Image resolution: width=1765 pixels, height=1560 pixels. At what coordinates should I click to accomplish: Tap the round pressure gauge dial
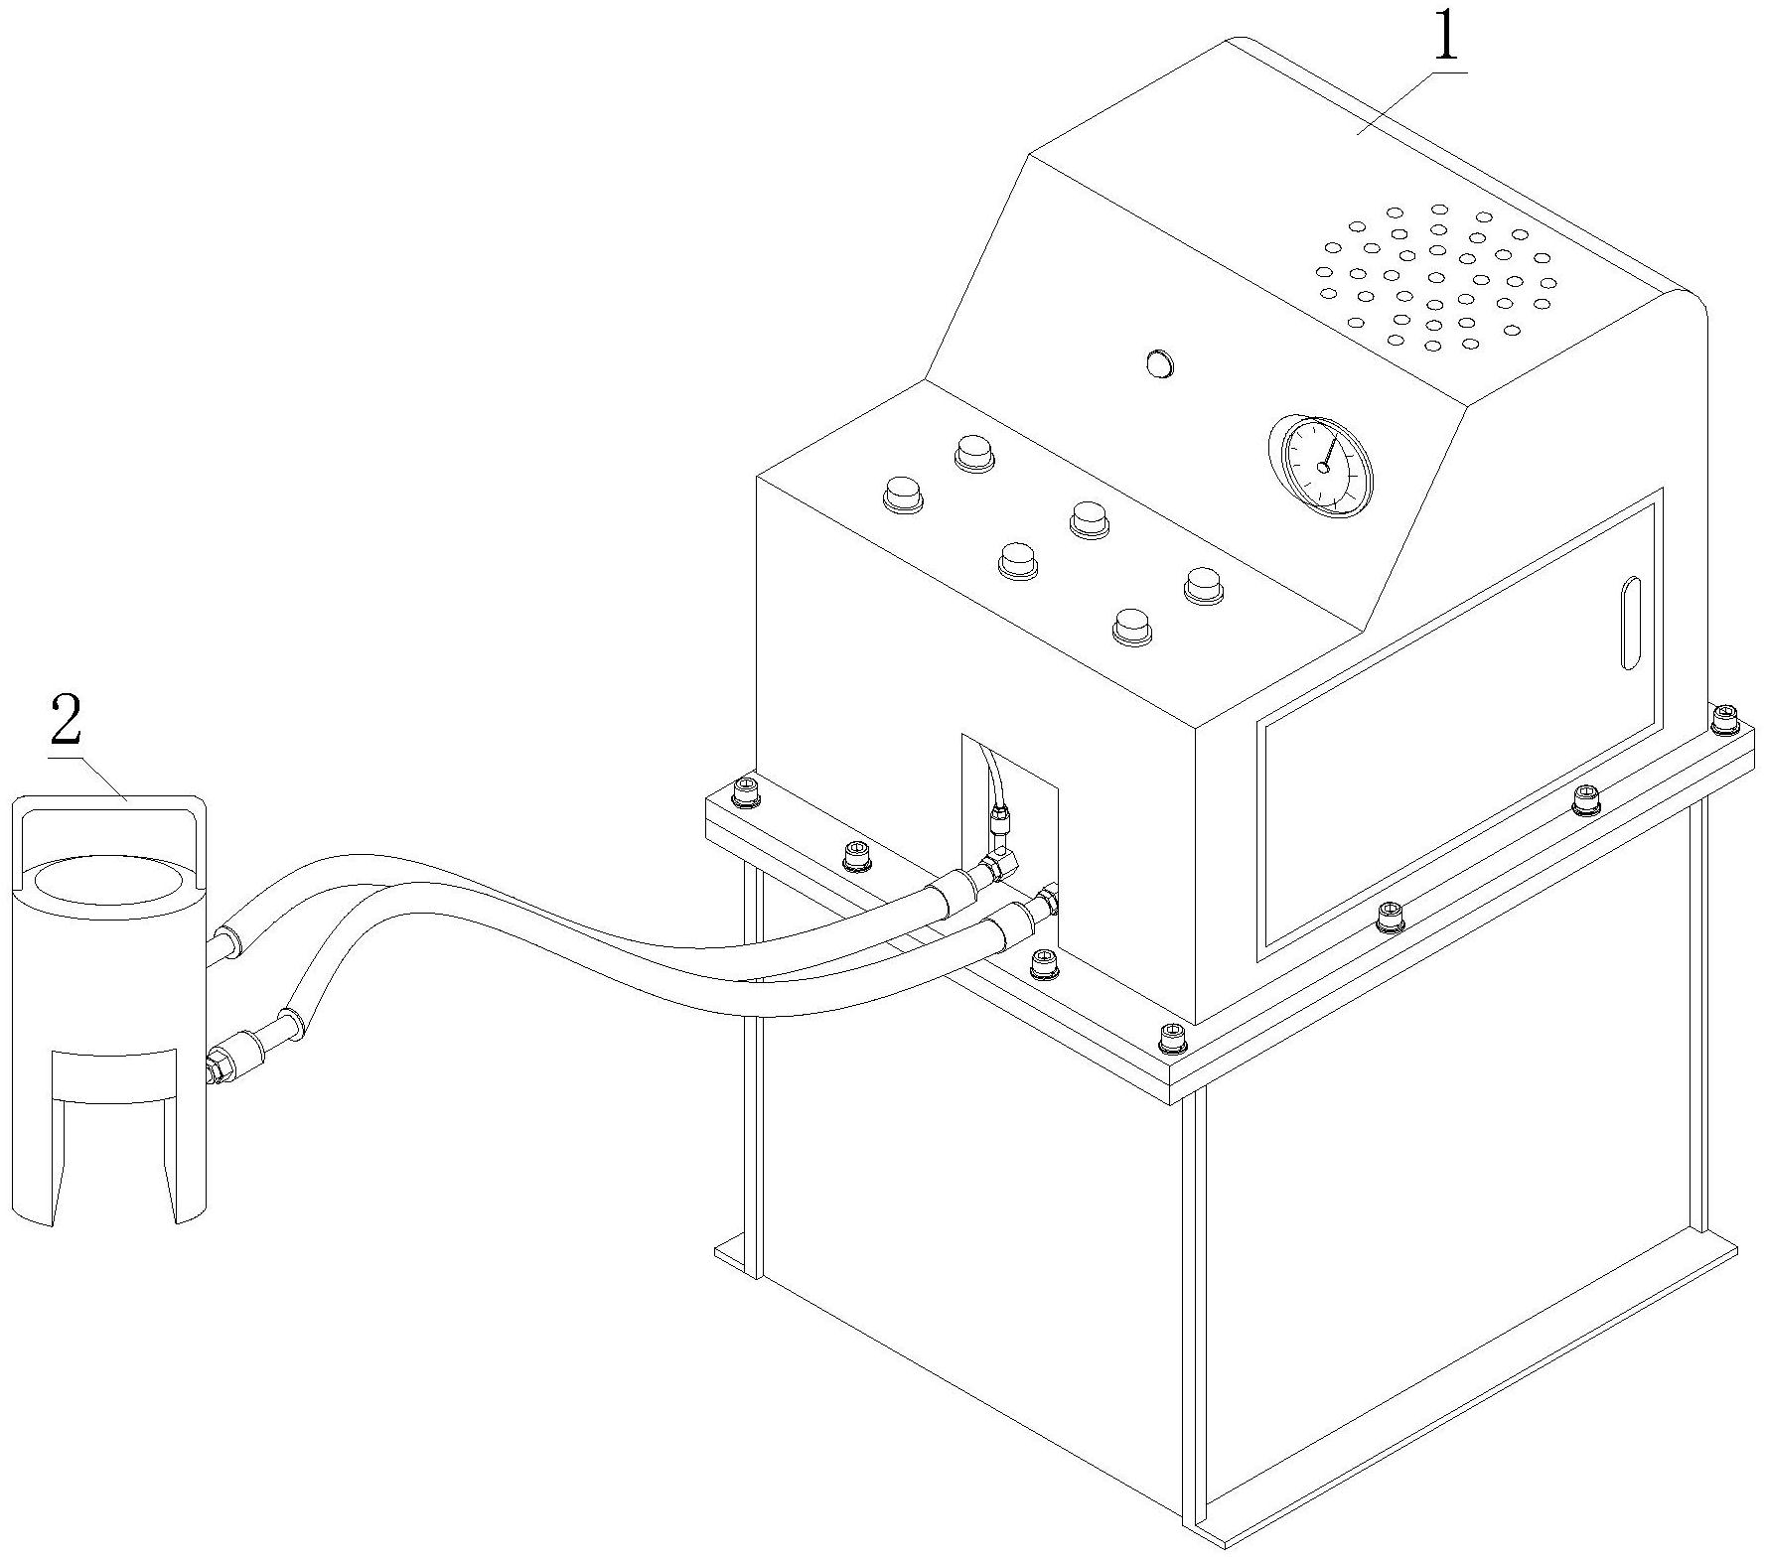click(x=1322, y=465)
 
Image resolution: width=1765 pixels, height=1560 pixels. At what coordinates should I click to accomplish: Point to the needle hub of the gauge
click(x=1322, y=468)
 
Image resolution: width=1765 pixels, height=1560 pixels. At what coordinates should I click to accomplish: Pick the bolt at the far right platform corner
click(x=1725, y=716)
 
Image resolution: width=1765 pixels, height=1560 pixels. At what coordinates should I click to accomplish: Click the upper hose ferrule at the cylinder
click(x=228, y=939)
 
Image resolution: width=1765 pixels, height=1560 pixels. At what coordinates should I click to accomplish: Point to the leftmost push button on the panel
click(x=903, y=494)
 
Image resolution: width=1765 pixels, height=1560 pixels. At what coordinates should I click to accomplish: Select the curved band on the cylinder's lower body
click(x=114, y=1076)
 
